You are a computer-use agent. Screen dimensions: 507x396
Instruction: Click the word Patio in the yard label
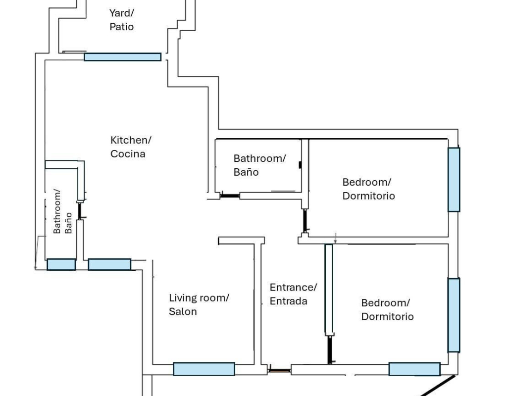pos(122,27)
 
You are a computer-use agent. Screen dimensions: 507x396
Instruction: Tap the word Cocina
pos(128,153)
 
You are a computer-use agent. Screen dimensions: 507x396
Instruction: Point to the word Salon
pos(183,311)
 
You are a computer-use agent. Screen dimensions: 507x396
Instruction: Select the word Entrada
pos(289,301)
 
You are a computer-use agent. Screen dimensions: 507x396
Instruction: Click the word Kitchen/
pos(131,140)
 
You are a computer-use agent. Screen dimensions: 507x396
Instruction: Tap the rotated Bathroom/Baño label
pos(62,211)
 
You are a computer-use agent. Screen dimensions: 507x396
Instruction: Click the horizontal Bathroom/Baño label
pos(259,165)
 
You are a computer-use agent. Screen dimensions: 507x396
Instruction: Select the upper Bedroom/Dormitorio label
pos(368,189)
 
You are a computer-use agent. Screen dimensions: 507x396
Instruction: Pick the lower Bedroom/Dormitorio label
pos(387,309)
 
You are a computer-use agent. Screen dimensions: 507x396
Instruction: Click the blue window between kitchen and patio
pos(123,57)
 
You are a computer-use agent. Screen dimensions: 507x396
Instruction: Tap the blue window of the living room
pos(204,369)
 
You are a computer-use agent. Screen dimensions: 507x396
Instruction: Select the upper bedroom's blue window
pos(454,179)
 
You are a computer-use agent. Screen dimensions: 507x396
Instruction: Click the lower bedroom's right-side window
pos(454,315)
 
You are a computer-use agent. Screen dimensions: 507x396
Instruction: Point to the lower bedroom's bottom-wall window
pos(414,369)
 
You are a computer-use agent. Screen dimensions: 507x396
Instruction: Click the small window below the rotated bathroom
pos(61,264)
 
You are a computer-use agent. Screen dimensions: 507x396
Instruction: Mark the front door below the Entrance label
pos(279,371)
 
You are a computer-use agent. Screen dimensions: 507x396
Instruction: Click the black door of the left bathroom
pos(80,211)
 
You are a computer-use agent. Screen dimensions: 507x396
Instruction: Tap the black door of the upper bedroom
pos(304,220)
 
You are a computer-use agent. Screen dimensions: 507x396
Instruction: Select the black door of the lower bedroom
pos(329,350)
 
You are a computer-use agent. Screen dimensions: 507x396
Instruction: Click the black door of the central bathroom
pos(230,196)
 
